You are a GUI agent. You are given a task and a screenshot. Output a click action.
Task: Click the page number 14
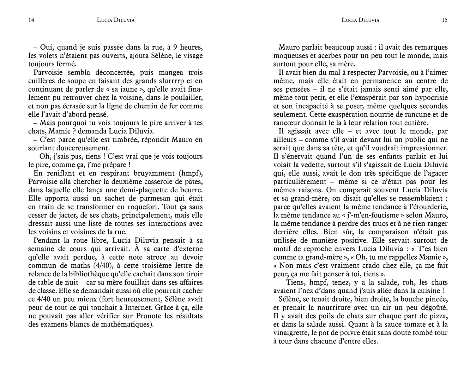(x=31, y=20)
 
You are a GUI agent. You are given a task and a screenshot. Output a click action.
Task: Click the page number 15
(x=445, y=20)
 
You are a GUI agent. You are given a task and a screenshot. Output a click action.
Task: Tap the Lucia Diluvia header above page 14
(x=116, y=20)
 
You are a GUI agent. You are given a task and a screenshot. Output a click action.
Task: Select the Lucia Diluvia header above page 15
(x=360, y=20)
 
